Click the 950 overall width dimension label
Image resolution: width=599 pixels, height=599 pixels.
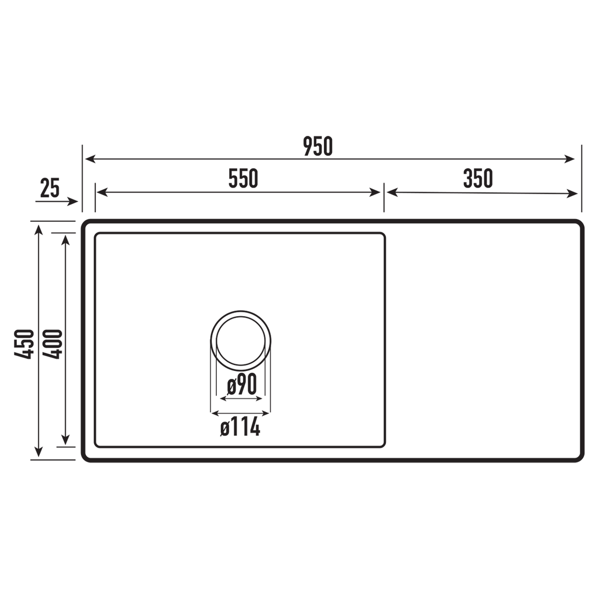(x=318, y=146)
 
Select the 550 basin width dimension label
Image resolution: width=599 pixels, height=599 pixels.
(x=243, y=179)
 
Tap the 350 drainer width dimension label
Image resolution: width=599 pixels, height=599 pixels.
(x=478, y=179)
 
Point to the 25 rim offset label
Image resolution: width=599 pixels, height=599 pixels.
(x=50, y=189)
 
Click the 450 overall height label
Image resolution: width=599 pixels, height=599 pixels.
(x=24, y=344)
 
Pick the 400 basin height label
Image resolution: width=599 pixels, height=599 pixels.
(x=53, y=344)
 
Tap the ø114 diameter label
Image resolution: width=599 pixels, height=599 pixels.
(x=240, y=428)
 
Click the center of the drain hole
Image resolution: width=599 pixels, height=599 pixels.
(x=241, y=341)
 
